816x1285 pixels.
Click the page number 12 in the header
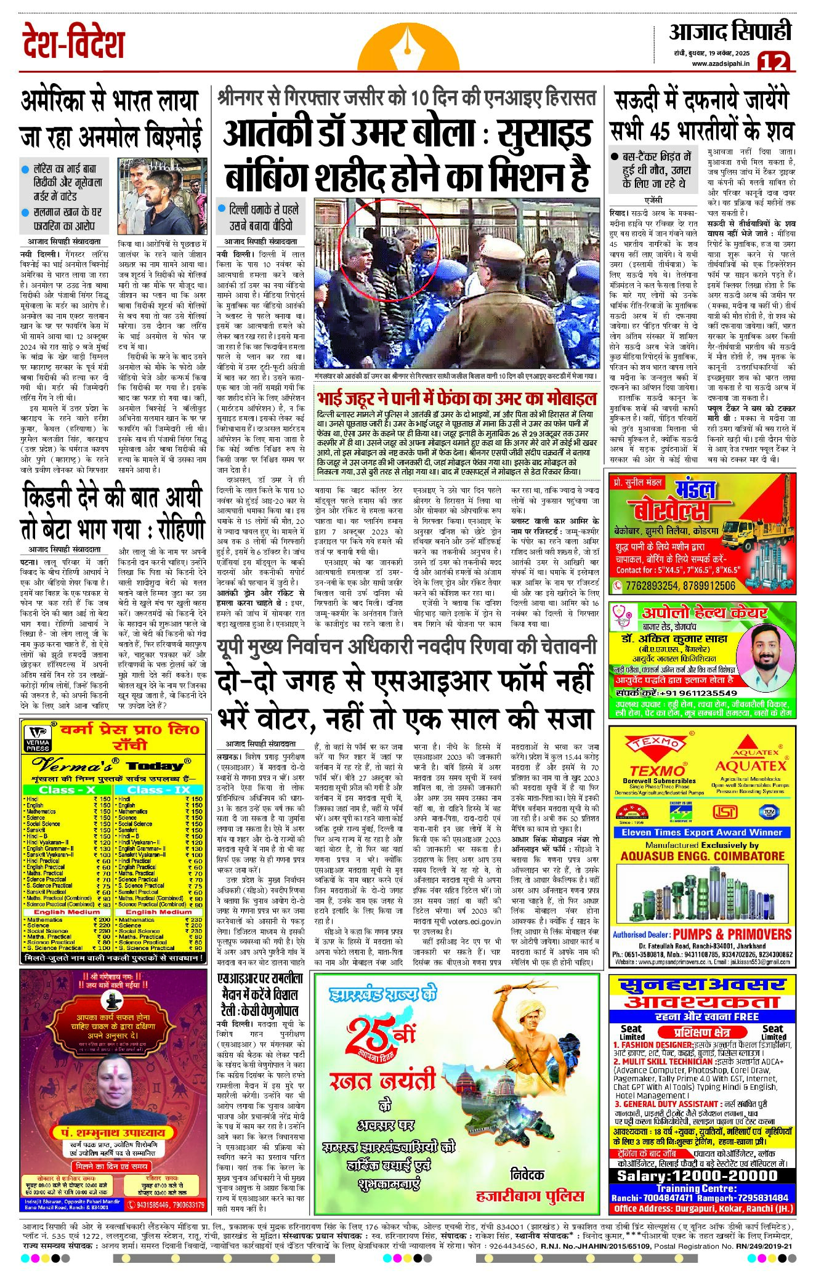click(x=773, y=62)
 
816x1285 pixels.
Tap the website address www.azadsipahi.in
click(x=720, y=63)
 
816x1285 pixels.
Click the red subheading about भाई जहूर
click(x=456, y=398)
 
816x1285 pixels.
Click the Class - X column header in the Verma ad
click(x=66, y=790)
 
